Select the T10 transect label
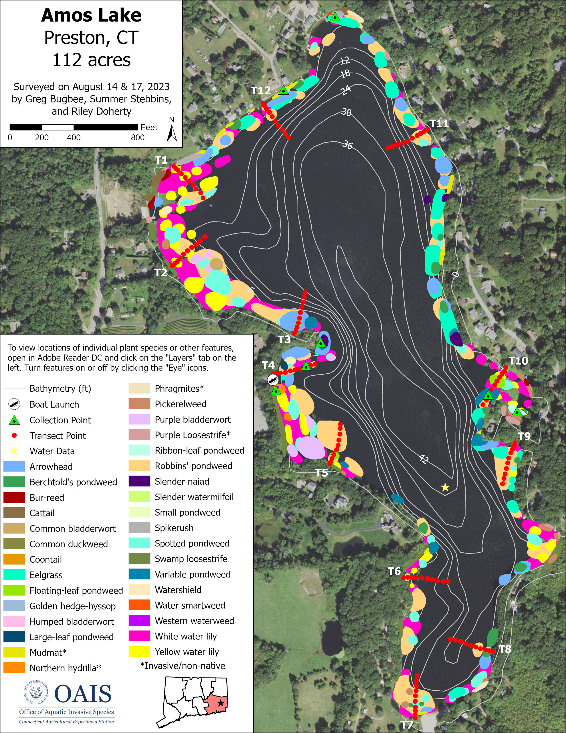tap(518, 361)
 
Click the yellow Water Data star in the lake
tap(445, 487)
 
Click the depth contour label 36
tap(347, 145)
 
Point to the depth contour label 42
tap(424, 459)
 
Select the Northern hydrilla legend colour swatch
tap(14, 668)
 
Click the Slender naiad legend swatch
tap(139, 481)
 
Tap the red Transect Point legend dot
tap(14, 436)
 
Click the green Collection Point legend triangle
tap(14, 420)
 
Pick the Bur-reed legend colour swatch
tap(14, 497)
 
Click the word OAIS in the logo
tap(83, 694)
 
